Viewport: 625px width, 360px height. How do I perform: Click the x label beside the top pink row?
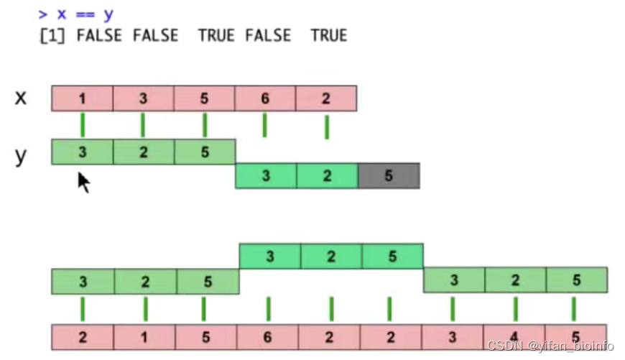[x=21, y=97]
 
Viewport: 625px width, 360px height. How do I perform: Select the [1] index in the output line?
[x=52, y=35]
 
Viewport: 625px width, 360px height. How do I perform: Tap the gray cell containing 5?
[x=389, y=175]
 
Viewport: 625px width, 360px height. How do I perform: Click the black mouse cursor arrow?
[x=83, y=182]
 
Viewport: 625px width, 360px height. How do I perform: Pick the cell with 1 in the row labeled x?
[x=82, y=98]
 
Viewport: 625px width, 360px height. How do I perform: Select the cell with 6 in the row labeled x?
[x=265, y=98]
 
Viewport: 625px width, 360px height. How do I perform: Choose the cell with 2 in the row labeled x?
[x=326, y=98]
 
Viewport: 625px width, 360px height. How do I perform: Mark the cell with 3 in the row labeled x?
[x=143, y=98]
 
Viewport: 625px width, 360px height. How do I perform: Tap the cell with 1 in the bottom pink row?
[x=144, y=336]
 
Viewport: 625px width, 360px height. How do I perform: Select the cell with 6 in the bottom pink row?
[x=268, y=336]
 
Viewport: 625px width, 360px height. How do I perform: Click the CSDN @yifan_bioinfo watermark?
[x=550, y=346]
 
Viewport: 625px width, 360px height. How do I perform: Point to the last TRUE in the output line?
[x=329, y=35]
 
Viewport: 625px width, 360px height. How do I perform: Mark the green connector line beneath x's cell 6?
[x=265, y=125]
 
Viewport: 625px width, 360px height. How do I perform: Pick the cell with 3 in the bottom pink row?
[x=453, y=336]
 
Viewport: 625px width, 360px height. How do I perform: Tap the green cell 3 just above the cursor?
[x=82, y=152]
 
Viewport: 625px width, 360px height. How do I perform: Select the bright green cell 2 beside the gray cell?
[x=327, y=175]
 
